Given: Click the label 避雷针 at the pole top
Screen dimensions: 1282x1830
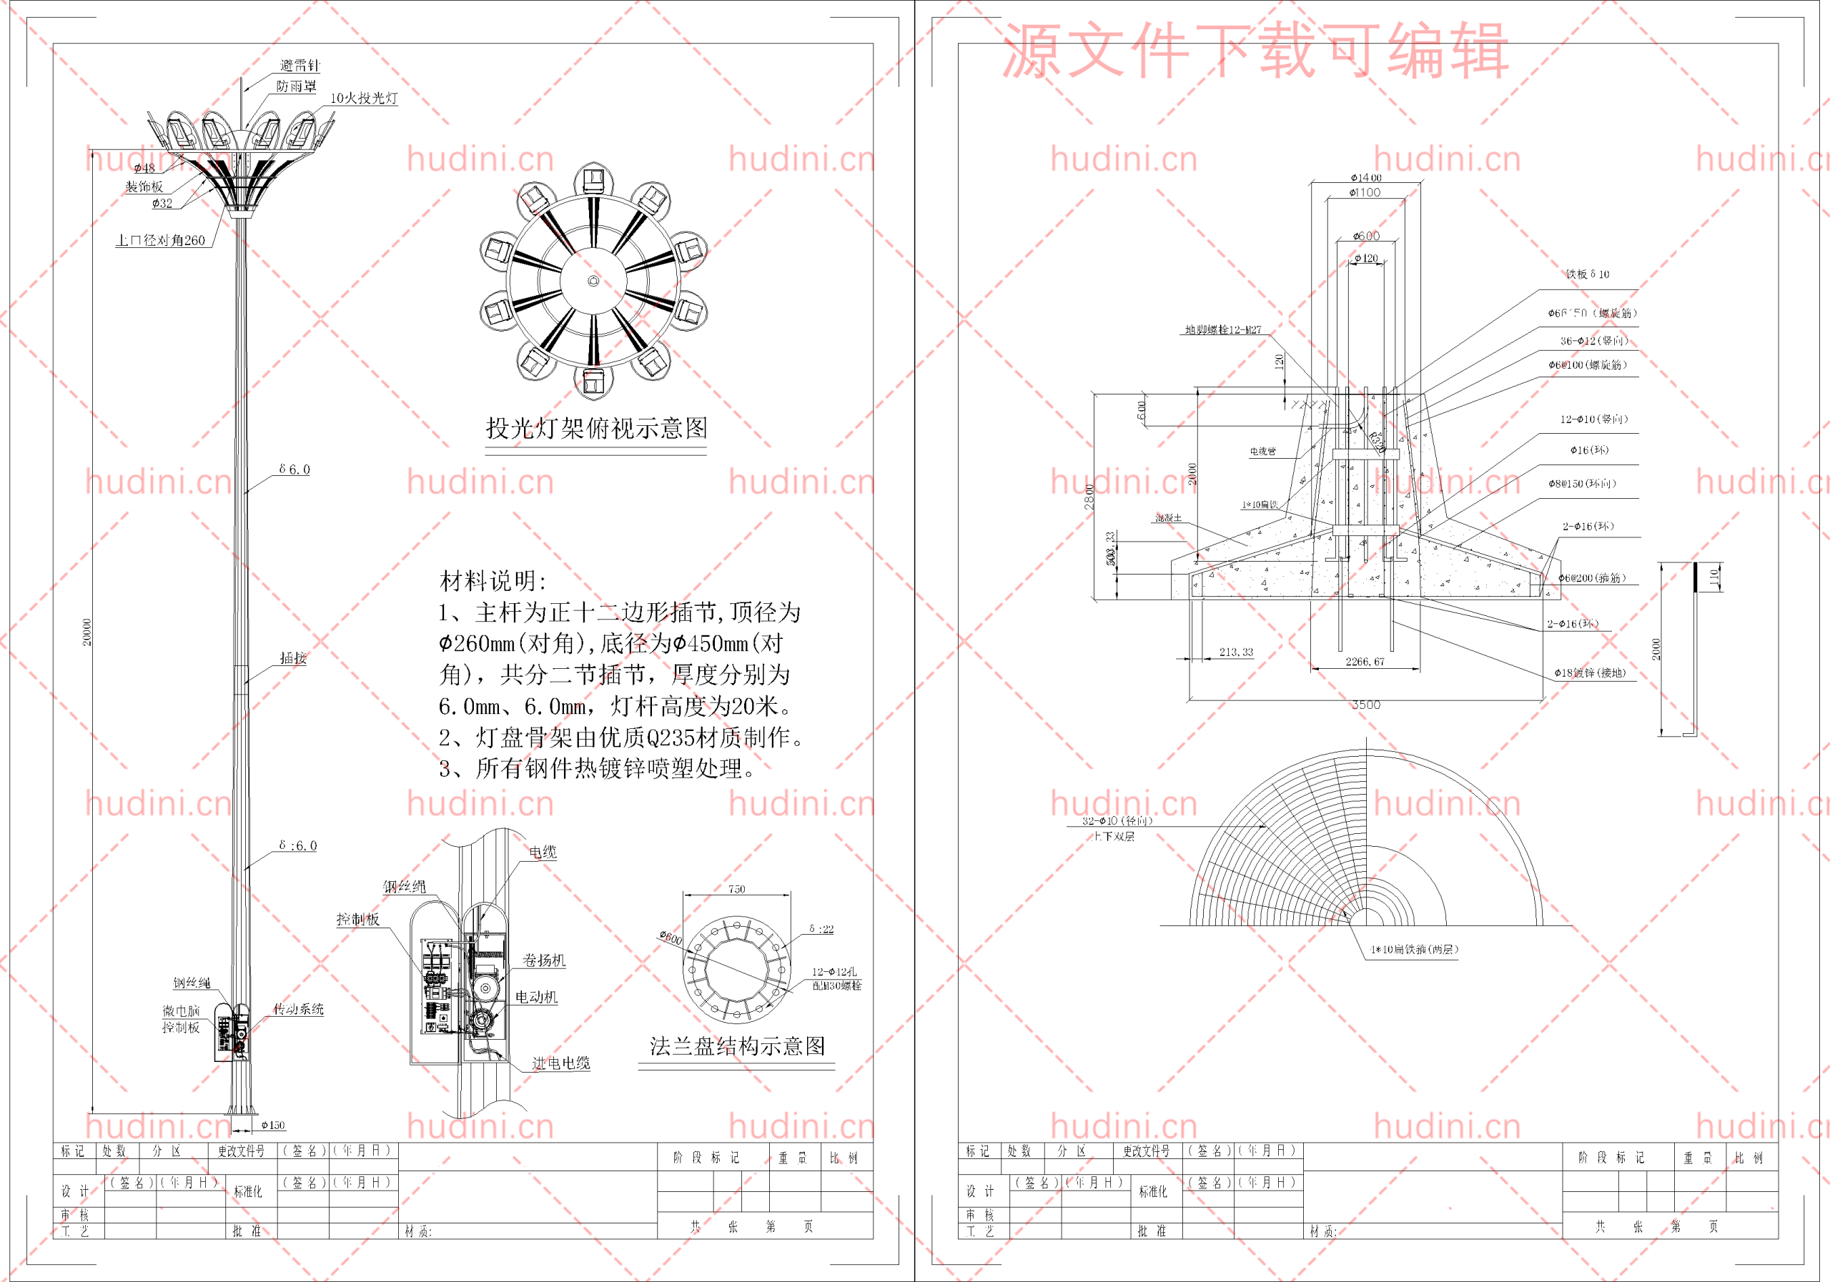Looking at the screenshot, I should (x=300, y=65).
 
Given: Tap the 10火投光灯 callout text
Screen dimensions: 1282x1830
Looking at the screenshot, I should (x=363, y=98).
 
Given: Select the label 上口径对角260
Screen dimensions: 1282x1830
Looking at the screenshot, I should (x=160, y=240).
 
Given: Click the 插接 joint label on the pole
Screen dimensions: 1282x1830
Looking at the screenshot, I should (x=293, y=658).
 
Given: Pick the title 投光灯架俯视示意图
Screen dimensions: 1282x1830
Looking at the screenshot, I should (x=596, y=429).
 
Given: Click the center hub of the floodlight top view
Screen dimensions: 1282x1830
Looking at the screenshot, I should (x=593, y=282).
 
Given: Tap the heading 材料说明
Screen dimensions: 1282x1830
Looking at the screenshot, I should (x=493, y=581).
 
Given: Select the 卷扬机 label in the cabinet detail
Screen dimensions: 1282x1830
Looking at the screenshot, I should (x=543, y=960).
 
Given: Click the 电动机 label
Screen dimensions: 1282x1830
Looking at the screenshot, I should (x=535, y=997).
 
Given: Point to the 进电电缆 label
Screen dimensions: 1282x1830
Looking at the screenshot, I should (x=560, y=1063).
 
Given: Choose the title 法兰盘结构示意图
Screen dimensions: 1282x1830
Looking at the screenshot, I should (x=737, y=1046).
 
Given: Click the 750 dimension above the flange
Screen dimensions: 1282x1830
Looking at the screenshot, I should (x=736, y=888).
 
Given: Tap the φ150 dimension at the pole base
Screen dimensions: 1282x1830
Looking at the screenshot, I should (x=272, y=1125).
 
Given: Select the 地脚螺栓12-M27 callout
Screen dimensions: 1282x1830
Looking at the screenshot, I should (x=1222, y=330).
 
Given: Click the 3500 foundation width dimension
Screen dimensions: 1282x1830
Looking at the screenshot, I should (x=1365, y=705).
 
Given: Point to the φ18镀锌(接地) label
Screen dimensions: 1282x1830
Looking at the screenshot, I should (x=1589, y=672).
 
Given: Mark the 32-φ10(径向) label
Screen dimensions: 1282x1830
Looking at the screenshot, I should (x=1117, y=820).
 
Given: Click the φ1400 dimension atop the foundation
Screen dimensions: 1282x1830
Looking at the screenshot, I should (x=1365, y=178).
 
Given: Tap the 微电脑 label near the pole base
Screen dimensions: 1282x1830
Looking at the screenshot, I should (x=181, y=1010).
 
